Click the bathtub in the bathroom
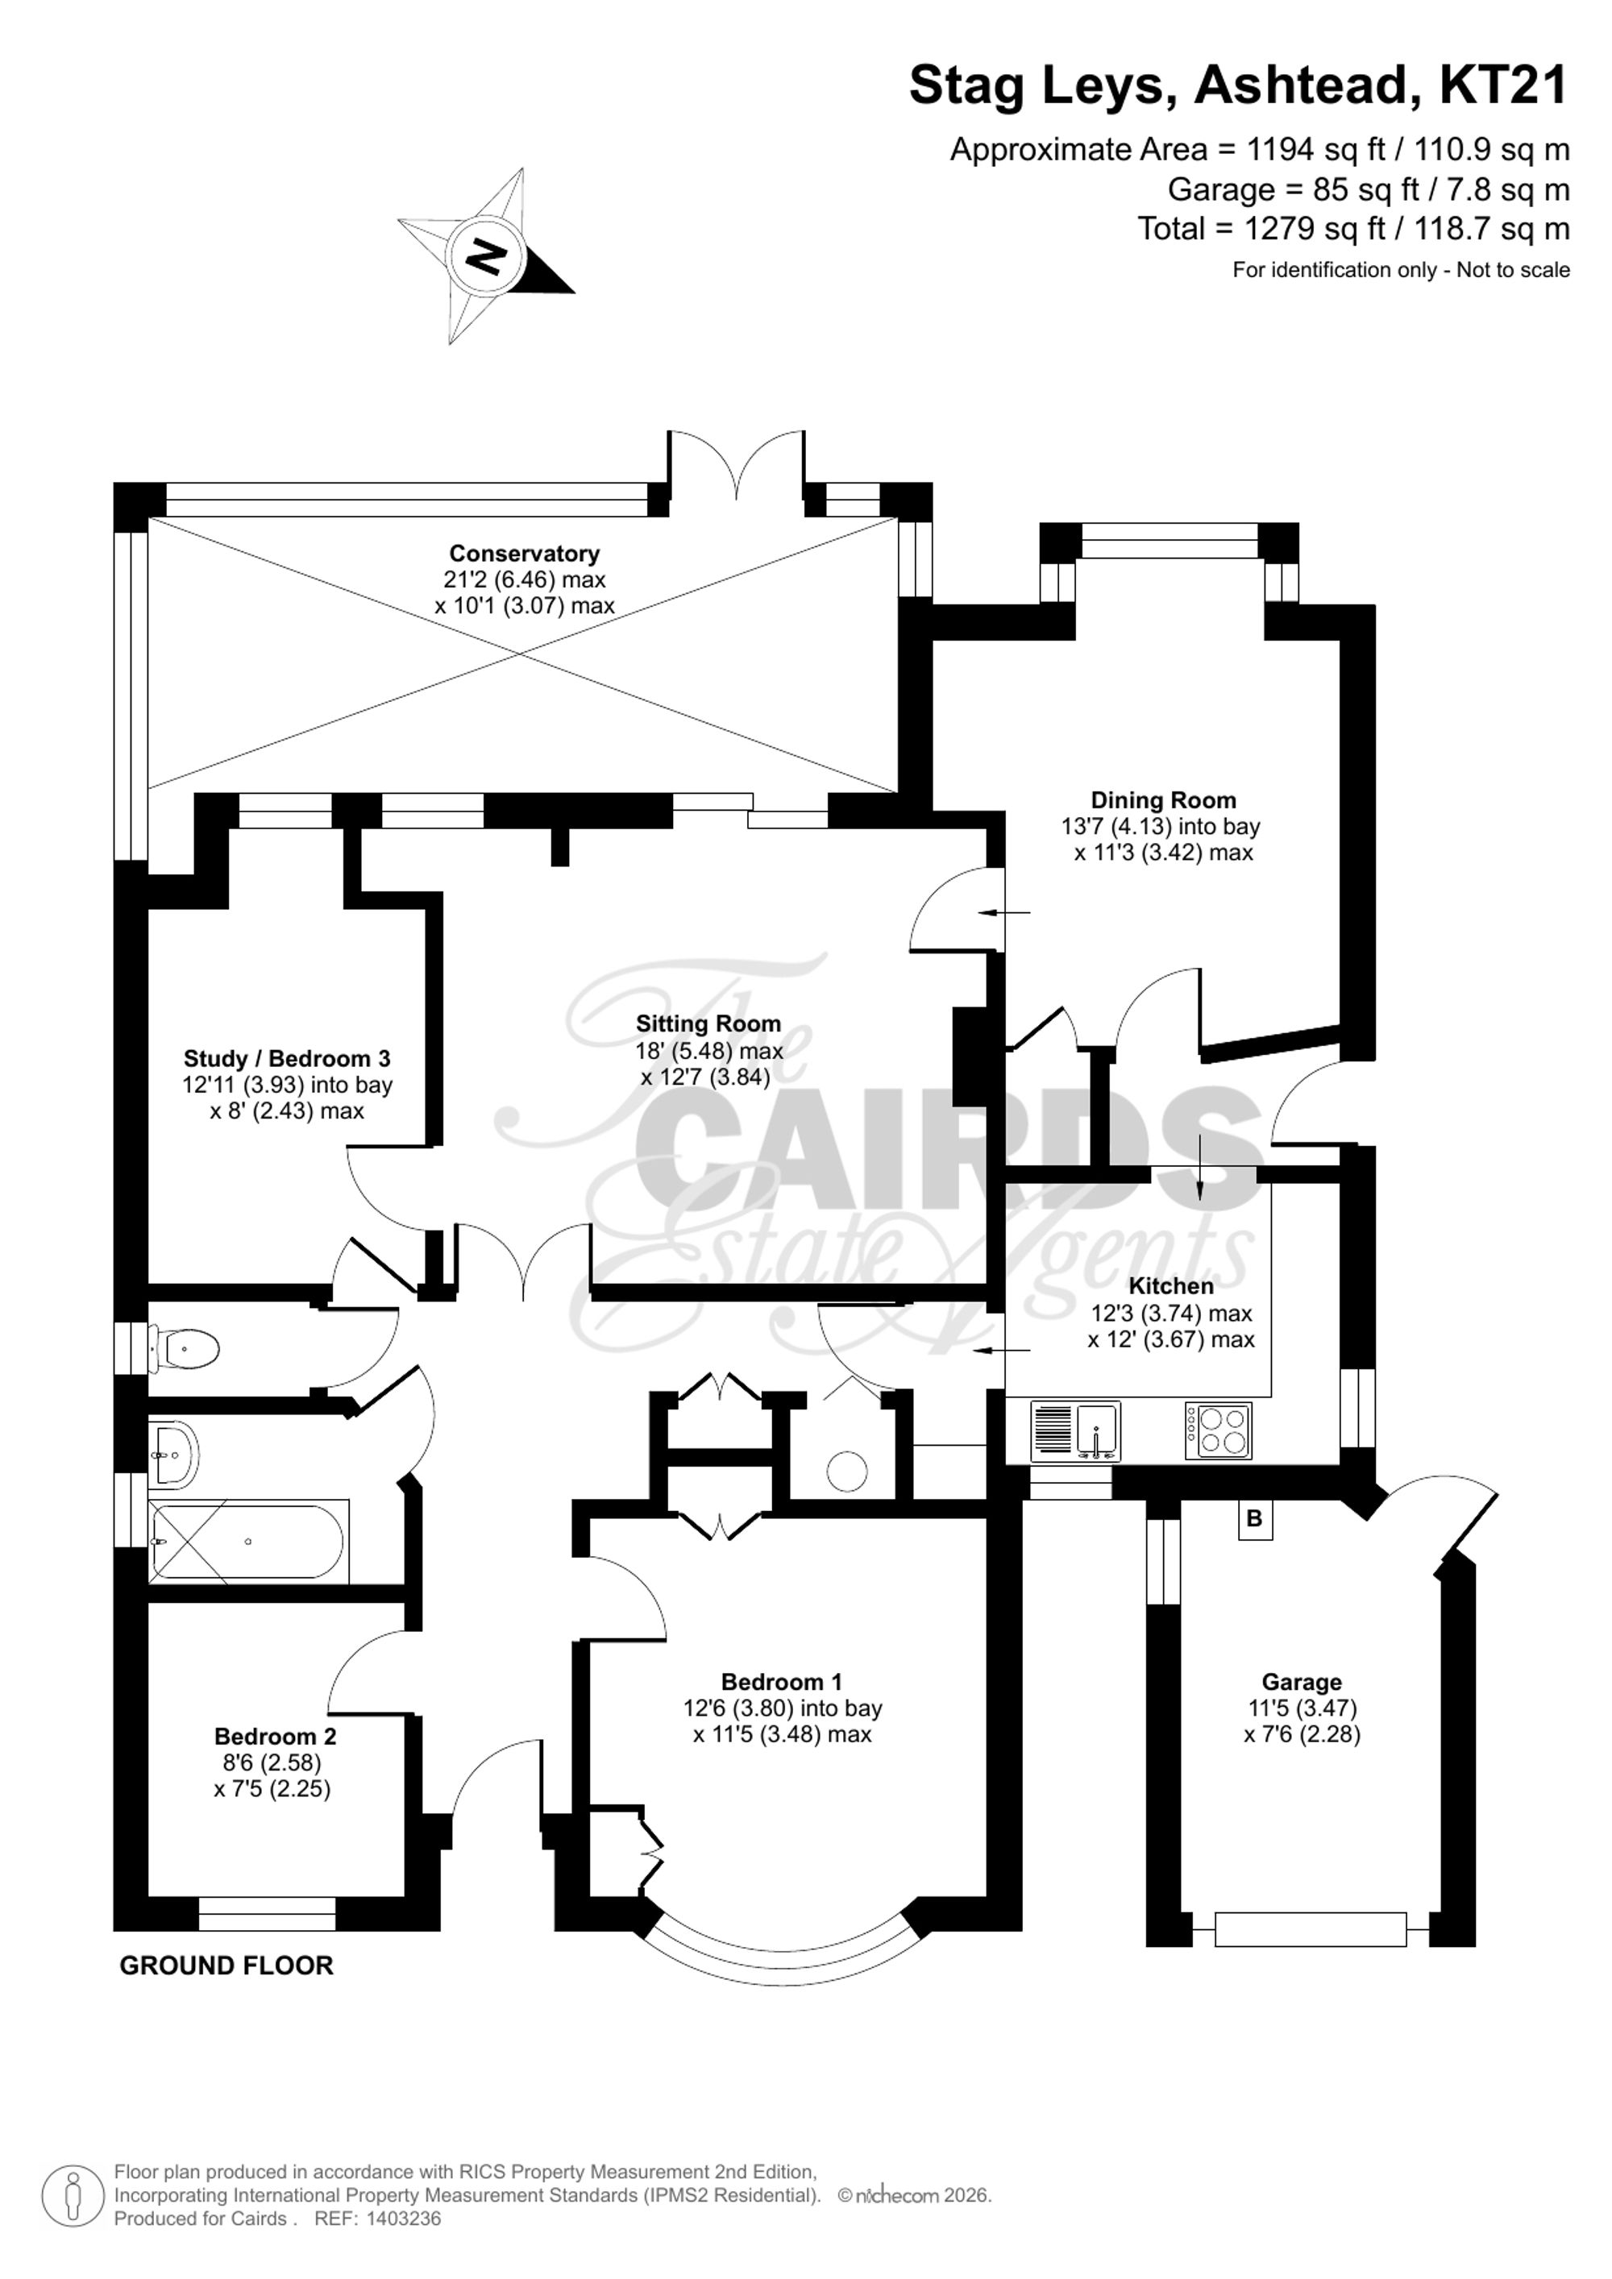pos(248,1542)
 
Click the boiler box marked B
pos(1255,1519)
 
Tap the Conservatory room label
pos(524,553)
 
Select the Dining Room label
pos(1163,800)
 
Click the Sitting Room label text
pos(708,1023)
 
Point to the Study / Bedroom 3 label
pos(287,1058)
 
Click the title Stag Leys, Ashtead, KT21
pos(1239,85)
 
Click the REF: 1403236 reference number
pos(377,2219)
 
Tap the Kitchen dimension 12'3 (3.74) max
pos(1171,1314)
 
